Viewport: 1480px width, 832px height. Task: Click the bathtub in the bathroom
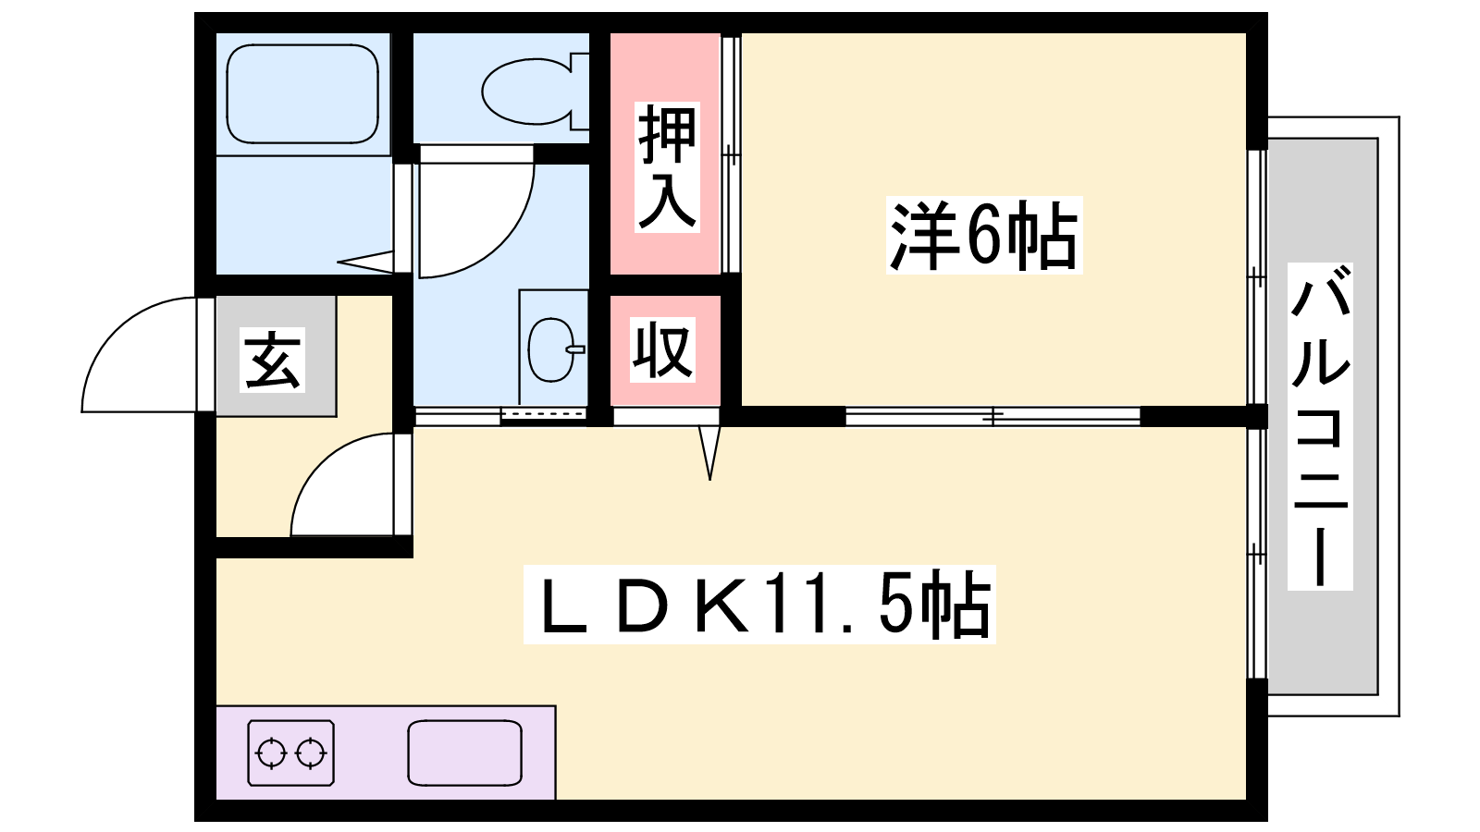(302, 93)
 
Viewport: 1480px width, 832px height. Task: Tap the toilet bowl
(526, 92)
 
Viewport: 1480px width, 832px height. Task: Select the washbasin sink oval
(551, 349)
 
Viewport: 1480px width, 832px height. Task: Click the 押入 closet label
(667, 167)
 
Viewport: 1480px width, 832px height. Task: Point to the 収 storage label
(662, 349)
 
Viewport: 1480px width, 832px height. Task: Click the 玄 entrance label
(273, 360)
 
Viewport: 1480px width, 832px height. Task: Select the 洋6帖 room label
(984, 235)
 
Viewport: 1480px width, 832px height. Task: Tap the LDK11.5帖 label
(759, 605)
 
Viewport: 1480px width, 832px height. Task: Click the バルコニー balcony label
(1319, 426)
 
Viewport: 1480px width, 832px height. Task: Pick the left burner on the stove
(272, 753)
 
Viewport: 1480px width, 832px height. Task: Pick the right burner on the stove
(310, 753)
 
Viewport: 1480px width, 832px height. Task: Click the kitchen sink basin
(464, 753)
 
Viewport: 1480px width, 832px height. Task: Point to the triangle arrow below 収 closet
(709, 452)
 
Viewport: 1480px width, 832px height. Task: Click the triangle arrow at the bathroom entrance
(365, 262)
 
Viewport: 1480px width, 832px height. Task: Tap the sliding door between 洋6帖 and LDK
(993, 417)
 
